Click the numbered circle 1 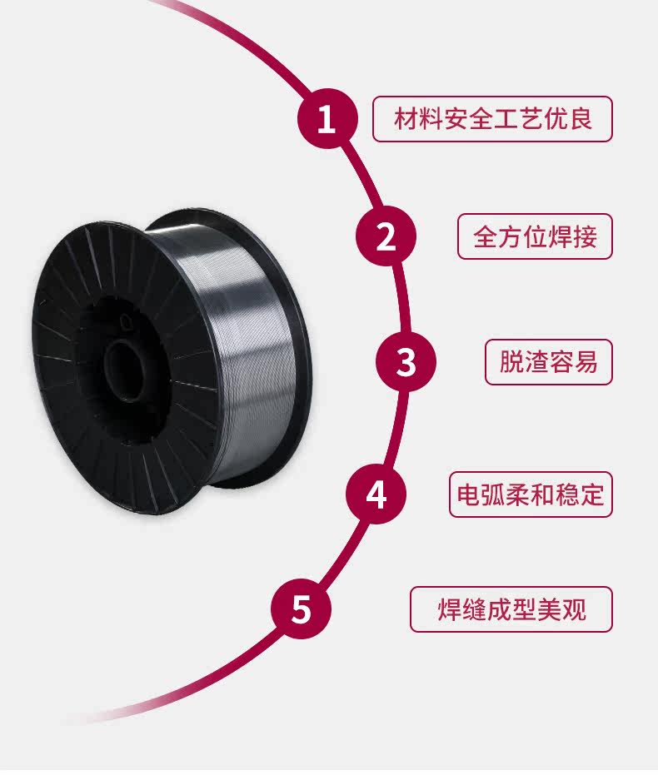327,119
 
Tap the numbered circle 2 386,236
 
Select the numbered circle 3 406,361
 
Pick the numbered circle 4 376,494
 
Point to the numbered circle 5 301,609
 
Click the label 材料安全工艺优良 492,119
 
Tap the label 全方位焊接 535,236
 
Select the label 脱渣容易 549,362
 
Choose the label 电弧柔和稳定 531,494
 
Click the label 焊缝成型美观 511,609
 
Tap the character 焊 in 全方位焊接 561,236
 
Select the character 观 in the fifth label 574,609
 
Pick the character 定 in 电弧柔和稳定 592,494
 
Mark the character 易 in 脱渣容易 586,362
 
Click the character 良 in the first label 581,119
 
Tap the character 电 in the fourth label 469,494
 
